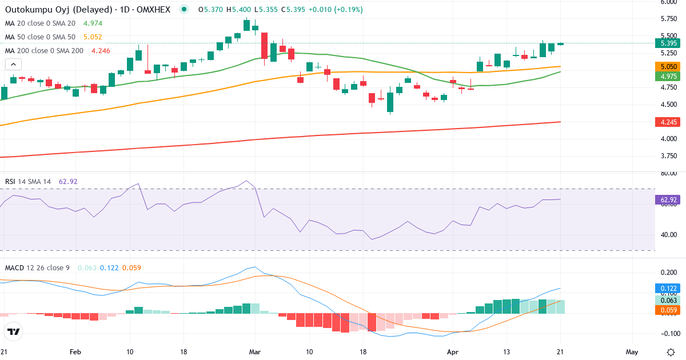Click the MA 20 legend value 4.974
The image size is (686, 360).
[x=93, y=23]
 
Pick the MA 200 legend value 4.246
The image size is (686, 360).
[x=97, y=51]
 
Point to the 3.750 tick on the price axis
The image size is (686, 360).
[x=668, y=156]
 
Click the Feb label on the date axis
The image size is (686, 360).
[x=75, y=351]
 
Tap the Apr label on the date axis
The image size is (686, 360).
[x=452, y=351]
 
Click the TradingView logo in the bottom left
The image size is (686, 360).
[x=14, y=331]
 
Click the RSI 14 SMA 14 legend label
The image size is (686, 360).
[x=28, y=182]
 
